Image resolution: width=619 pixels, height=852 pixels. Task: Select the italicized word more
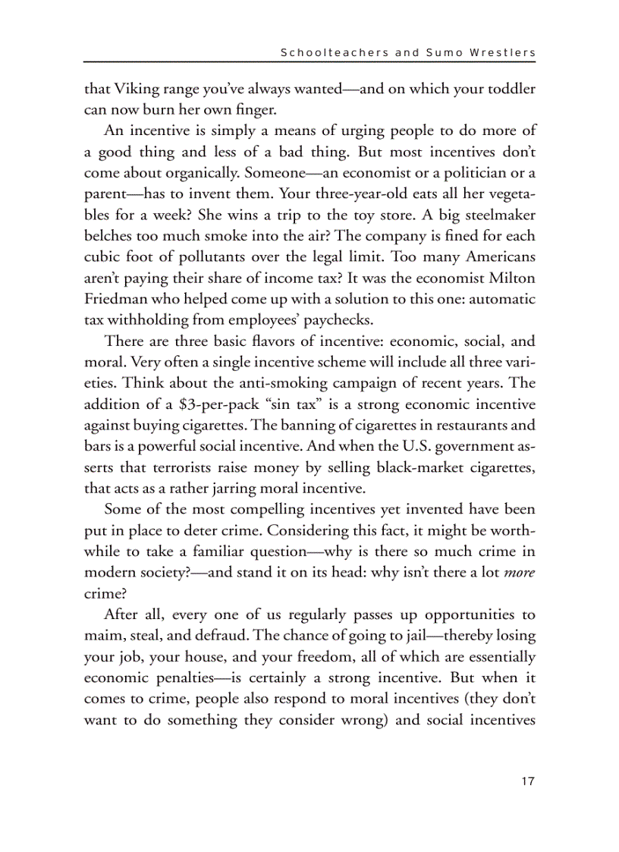(520, 572)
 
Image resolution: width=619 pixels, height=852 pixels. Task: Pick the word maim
(102, 636)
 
